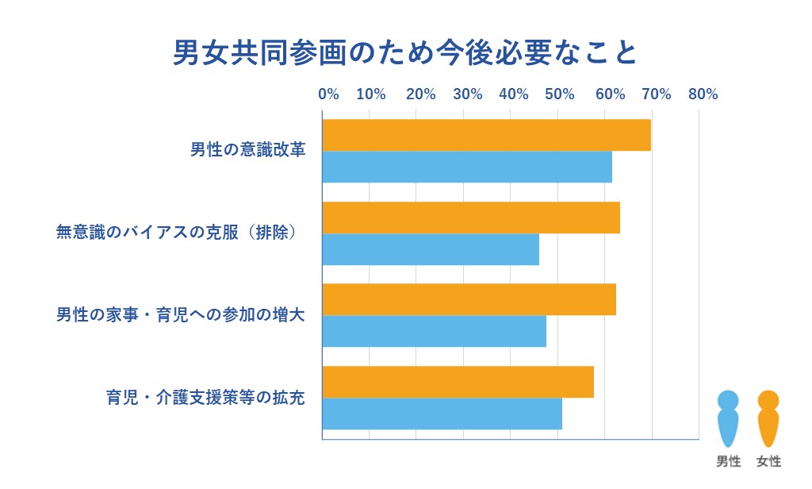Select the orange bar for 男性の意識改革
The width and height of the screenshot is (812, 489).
tap(486, 135)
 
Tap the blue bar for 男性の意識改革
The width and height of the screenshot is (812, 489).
tap(467, 167)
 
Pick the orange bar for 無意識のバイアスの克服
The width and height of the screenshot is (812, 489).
tap(471, 218)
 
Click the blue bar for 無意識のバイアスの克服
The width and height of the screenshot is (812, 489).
tap(431, 249)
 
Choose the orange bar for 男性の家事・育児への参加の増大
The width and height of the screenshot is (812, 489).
tap(469, 299)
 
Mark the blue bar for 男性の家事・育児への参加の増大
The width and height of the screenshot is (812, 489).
tap(434, 331)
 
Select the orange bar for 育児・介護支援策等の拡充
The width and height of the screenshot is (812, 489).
tap(458, 382)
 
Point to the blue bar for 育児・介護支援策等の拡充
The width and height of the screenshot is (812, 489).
tap(442, 414)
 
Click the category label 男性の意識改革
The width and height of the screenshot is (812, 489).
tap(247, 150)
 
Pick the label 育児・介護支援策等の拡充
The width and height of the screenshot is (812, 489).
tap(205, 397)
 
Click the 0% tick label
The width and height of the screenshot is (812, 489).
tap(328, 94)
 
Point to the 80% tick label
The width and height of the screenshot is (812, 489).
tap(703, 94)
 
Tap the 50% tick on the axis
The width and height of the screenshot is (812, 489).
tap(561, 94)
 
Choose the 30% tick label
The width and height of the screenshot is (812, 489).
tap(467, 94)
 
